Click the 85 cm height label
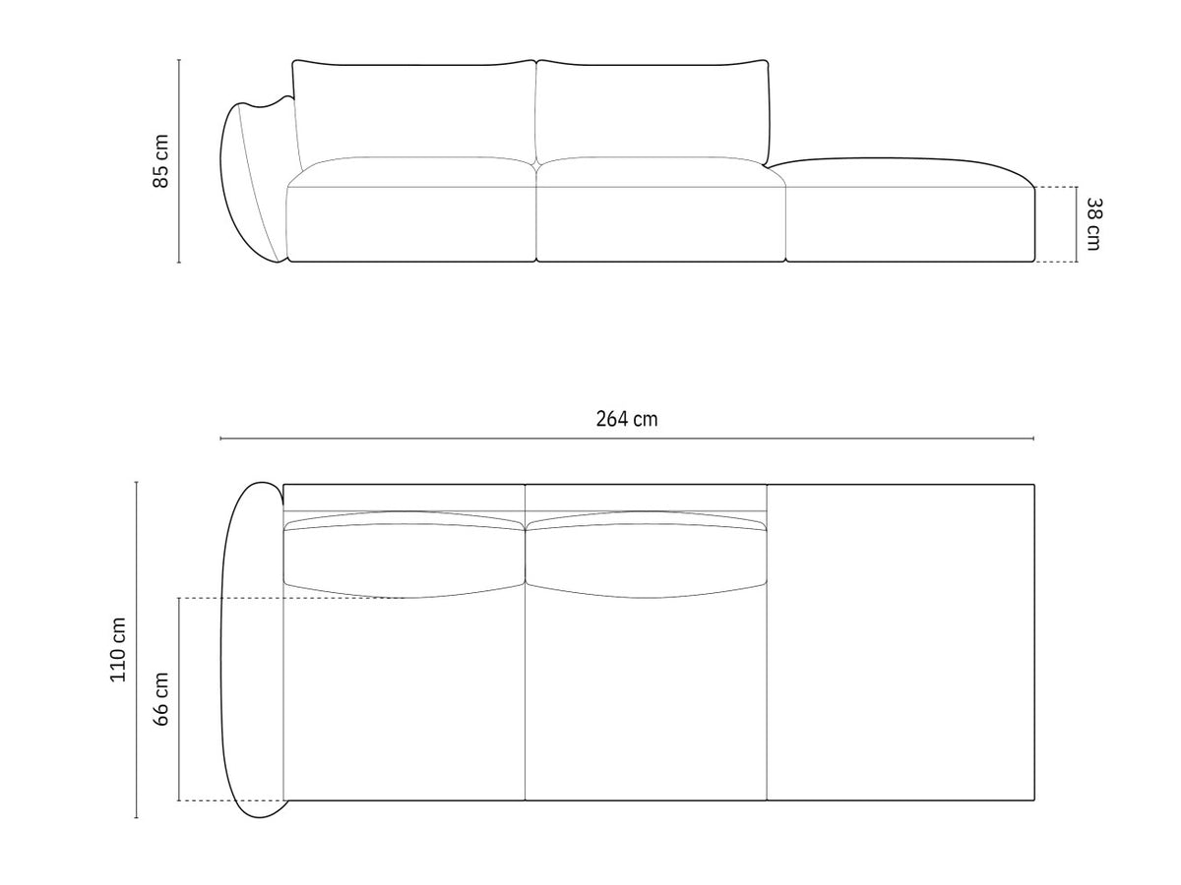coord(160,161)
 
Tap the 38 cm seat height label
coord(1093,224)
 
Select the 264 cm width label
coord(627,419)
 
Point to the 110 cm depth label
coord(118,650)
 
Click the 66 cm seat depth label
coord(160,698)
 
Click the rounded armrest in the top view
coord(252,650)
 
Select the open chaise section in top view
coord(901,642)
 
